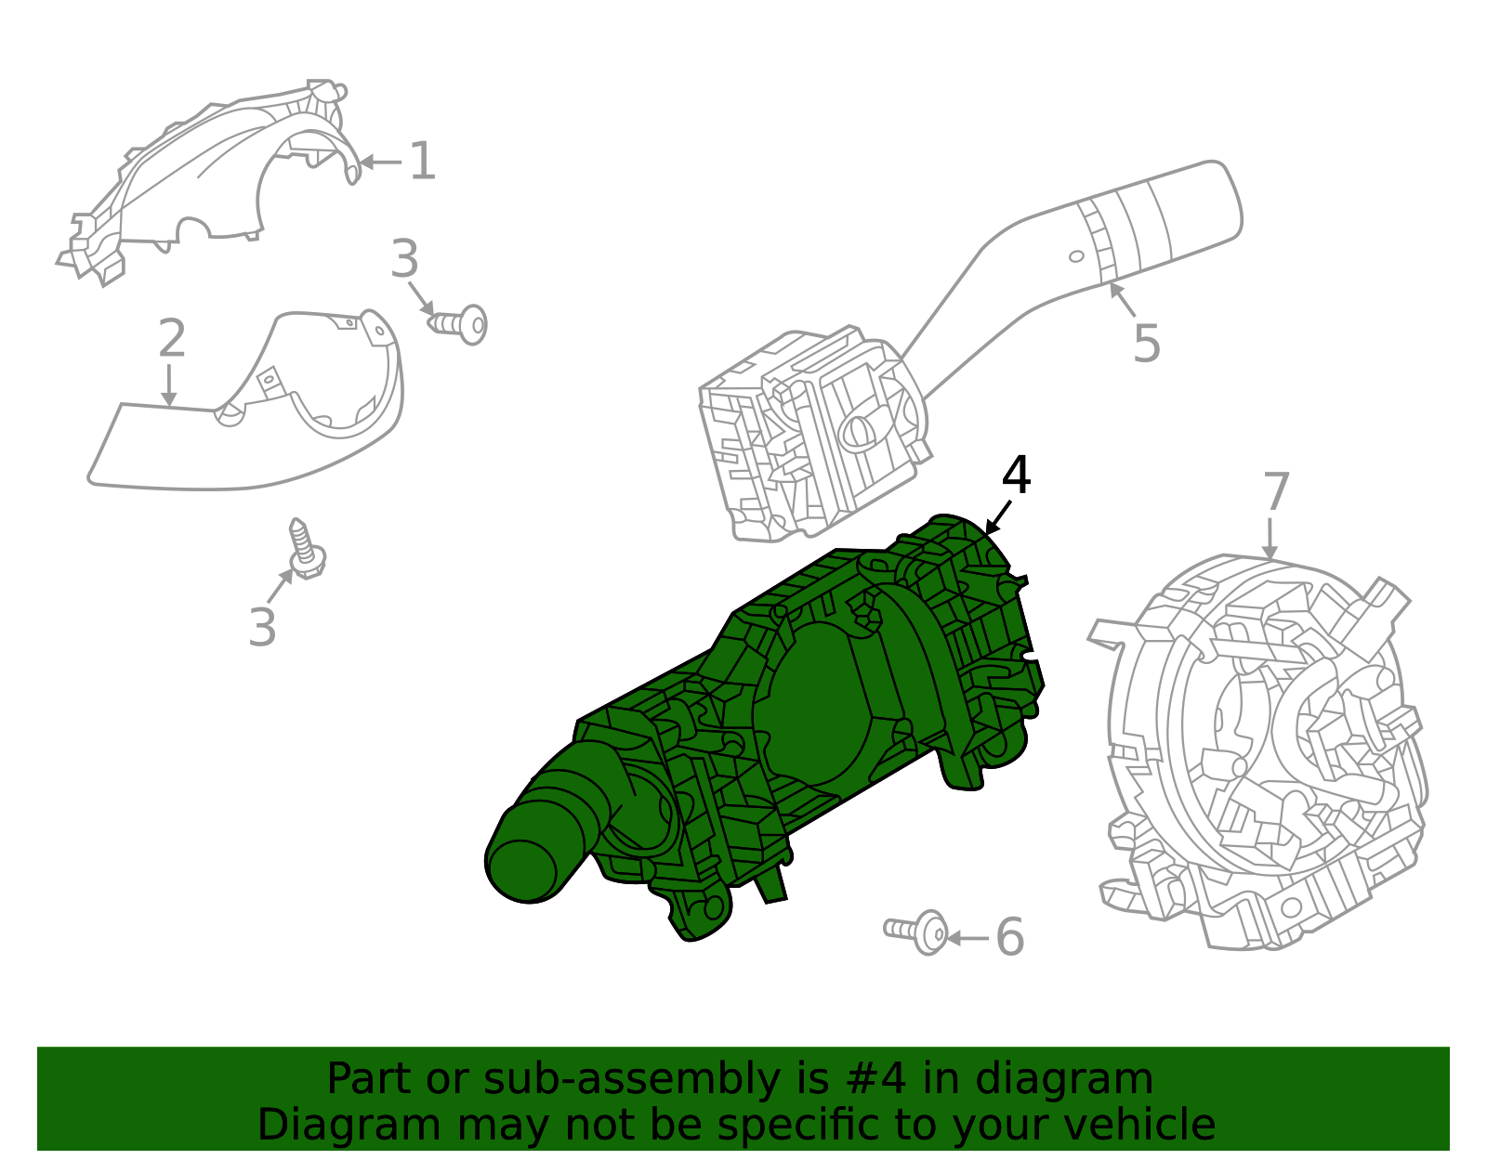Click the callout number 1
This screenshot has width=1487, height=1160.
click(422, 162)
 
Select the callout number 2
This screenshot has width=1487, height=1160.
click(171, 339)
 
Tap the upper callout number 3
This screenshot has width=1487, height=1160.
click(404, 260)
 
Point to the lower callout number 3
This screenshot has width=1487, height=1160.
click(262, 628)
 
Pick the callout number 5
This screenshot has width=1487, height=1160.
click(1146, 345)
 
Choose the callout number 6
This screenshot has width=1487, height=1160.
click(1009, 937)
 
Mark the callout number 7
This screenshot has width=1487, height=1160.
click(1276, 492)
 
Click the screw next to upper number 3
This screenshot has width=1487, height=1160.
click(459, 324)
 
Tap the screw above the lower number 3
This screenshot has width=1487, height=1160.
click(304, 549)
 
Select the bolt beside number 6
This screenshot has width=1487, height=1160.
click(918, 931)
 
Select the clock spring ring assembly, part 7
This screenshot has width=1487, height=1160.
click(1264, 752)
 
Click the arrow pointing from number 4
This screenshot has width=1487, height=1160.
click(998, 516)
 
